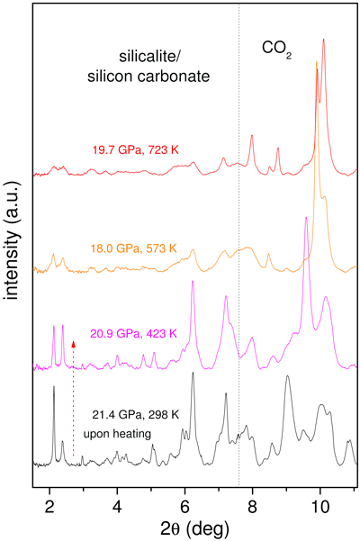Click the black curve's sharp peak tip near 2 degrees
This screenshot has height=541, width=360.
click(54, 387)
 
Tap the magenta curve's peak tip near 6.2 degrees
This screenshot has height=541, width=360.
click(192, 283)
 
